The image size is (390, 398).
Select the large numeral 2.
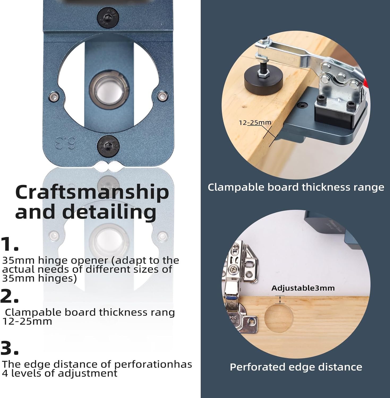coord(10,296)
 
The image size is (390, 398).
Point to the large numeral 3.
coord(10,348)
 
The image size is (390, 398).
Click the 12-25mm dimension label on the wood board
coord(255,123)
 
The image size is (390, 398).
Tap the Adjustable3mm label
coord(303,288)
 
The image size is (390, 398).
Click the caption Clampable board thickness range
coord(296,187)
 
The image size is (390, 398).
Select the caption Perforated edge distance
coord(296,367)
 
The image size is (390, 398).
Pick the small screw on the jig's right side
coord(162,96)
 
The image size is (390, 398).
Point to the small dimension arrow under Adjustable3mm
coord(280,300)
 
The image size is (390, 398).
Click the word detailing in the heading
coord(85,213)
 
